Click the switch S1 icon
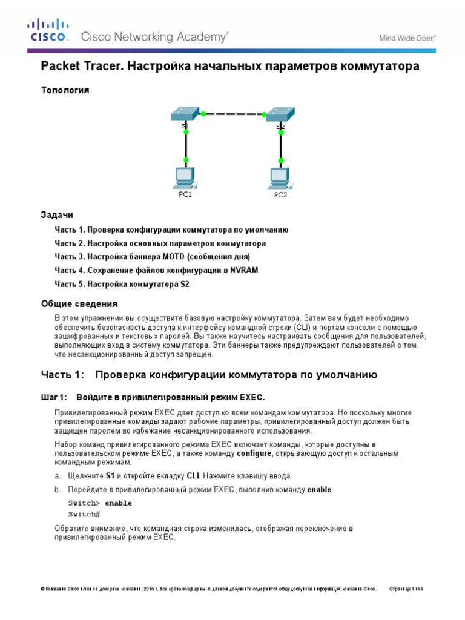pos(185,114)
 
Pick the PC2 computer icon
pos(279,177)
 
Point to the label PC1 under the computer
pos(185,194)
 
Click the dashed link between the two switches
pos(233,114)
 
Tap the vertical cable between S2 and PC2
pos(280,148)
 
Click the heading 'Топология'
pos(65,90)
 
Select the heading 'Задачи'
pos(57,215)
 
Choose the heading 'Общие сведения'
pos(79,303)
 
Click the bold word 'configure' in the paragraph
pos(253,453)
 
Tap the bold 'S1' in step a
pos(110,476)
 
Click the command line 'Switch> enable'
pos(99,503)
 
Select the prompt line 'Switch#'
pos(84,514)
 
